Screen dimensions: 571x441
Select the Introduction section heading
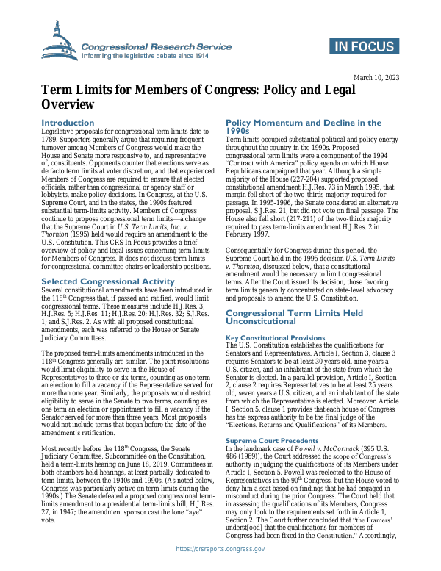[x=68, y=123]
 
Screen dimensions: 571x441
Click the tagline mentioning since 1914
[x=147, y=56]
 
